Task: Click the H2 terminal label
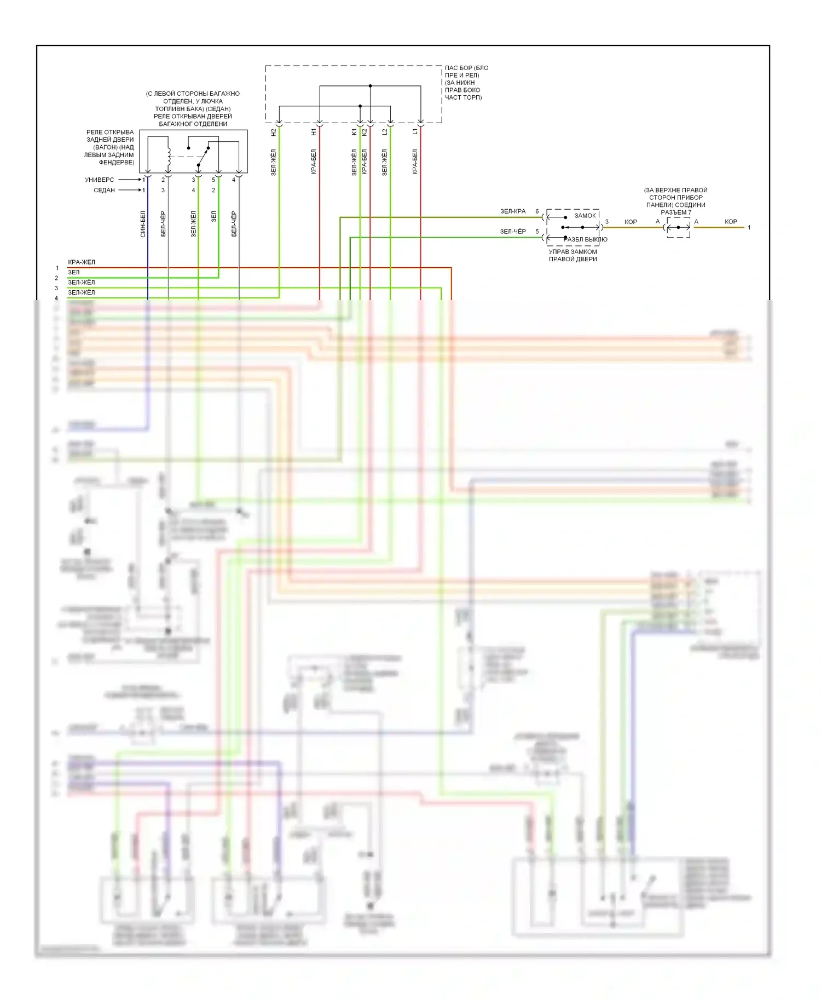pyautogui.click(x=274, y=132)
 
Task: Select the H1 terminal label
pyautogui.click(x=314, y=132)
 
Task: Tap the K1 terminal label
pyautogui.click(x=354, y=132)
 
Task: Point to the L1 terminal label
pyautogui.click(x=415, y=131)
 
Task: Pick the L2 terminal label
pyautogui.click(x=384, y=132)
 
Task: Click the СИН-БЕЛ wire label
pyautogui.click(x=143, y=224)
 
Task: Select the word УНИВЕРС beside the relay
pyautogui.click(x=100, y=180)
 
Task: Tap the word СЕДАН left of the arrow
pyautogui.click(x=104, y=190)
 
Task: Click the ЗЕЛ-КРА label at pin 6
pyautogui.click(x=513, y=211)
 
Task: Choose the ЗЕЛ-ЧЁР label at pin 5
pyautogui.click(x=513, y=232)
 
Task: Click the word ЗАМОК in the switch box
pyautogui.click(x=585, y=216)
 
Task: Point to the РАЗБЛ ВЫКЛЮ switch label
pyautogui.click(x=585, y=239)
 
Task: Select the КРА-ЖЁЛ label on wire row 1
pyautogui.click(x=81, y=262)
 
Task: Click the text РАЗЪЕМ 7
pyautogui.click(x=676, y=212)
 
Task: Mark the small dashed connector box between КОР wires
pyautogui.click(x=678, y=227)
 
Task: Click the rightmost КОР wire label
pyautogui.click(x=731, y=222)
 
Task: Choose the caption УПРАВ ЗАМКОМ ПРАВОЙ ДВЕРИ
pyautogui.click(x=573, y=255)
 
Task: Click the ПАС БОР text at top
pyautogui.click(x=466, y=68)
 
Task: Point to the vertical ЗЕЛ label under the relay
pyautogui.click(x=214, y=216)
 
